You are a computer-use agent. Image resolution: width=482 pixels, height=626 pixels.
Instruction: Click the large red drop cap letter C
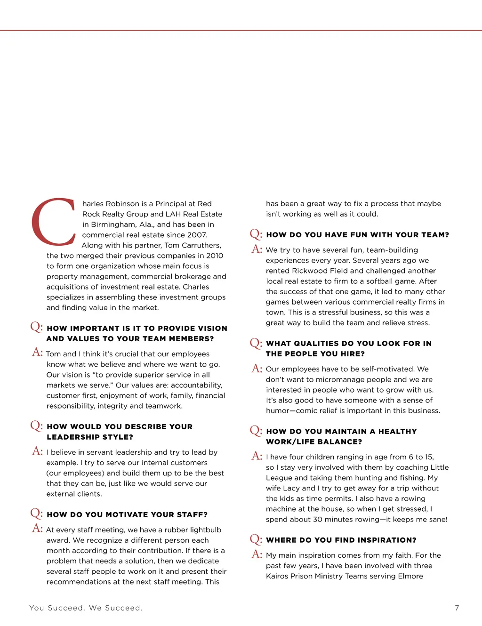coord(53,222)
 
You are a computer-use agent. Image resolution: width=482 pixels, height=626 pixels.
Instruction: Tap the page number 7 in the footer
coord(457,608)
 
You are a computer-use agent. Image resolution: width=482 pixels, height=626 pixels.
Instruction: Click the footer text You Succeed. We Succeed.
coord(86,608)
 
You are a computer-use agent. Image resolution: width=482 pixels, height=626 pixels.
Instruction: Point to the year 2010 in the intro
coord(214,256)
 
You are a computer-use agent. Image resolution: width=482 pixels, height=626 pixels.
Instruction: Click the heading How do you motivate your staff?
coord(127,514)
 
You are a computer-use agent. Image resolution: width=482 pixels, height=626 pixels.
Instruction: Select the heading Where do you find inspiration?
coord(341,540)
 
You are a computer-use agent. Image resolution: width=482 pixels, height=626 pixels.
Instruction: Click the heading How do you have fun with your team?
coord(357,235)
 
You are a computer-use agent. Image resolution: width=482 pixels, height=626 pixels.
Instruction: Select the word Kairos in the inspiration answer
coord(278,576)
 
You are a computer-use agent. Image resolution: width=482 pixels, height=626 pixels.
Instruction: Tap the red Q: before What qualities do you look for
coord(256,343)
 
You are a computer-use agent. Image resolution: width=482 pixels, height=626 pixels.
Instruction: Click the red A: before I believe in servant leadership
coord(38,451)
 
